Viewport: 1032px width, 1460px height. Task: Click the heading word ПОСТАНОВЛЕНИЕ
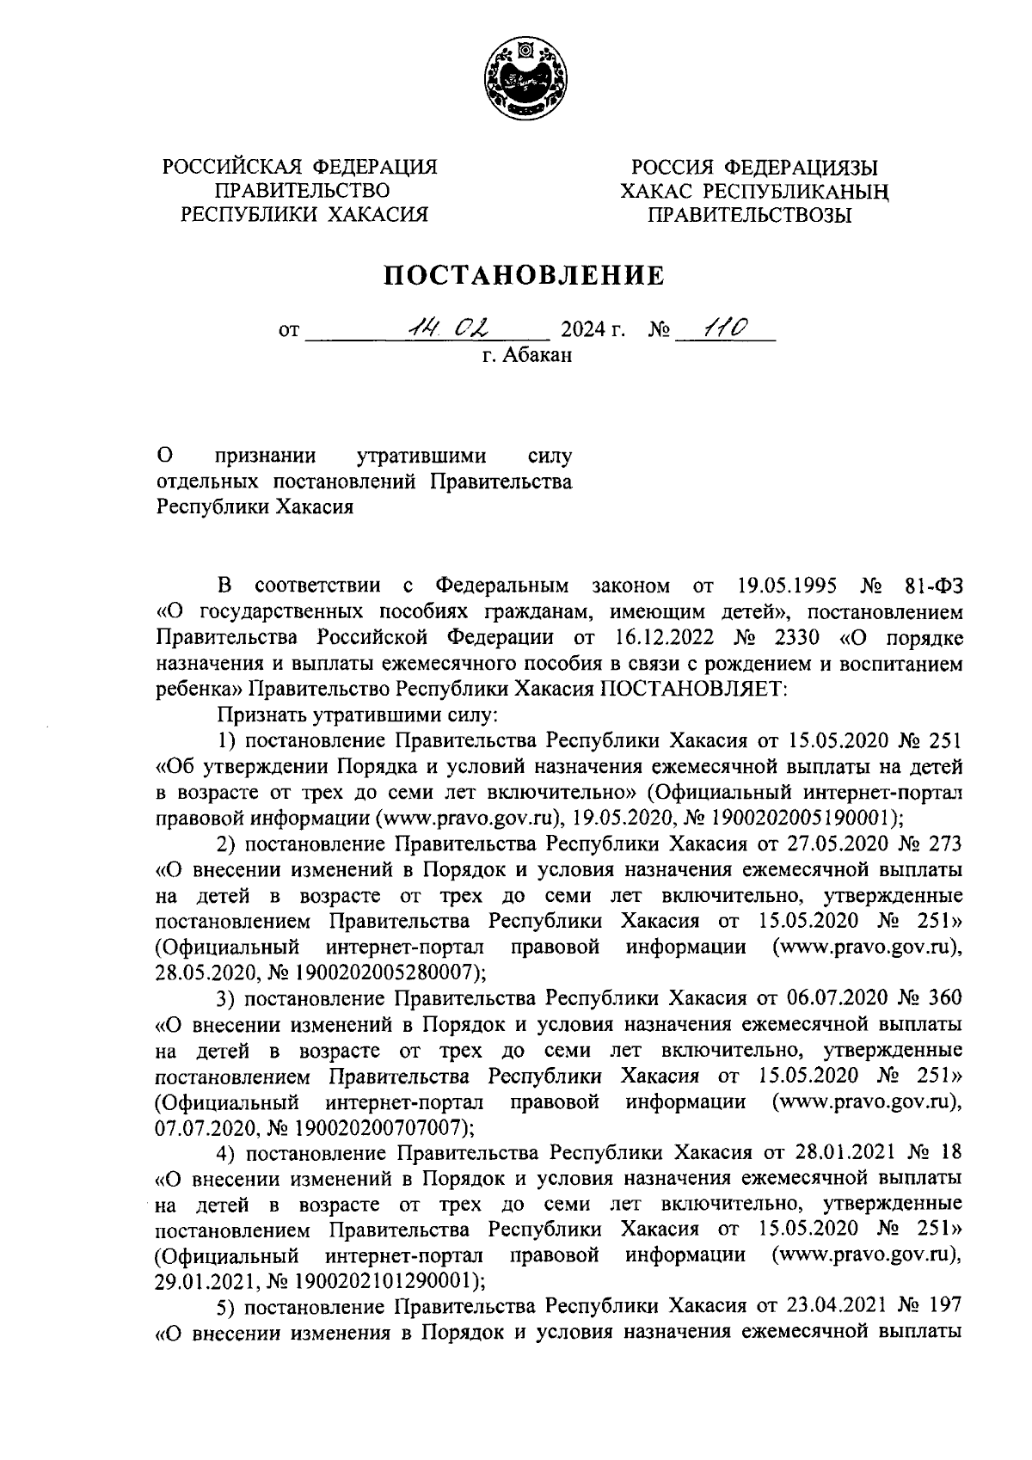(x=524, y=276)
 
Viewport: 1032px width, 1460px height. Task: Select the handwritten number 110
(x=725, y=327)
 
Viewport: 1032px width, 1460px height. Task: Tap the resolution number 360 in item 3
(x=944, y=997)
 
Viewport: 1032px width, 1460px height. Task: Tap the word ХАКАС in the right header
(x=660, y=192)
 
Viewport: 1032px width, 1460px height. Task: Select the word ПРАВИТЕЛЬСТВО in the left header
(x=302, y=190)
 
